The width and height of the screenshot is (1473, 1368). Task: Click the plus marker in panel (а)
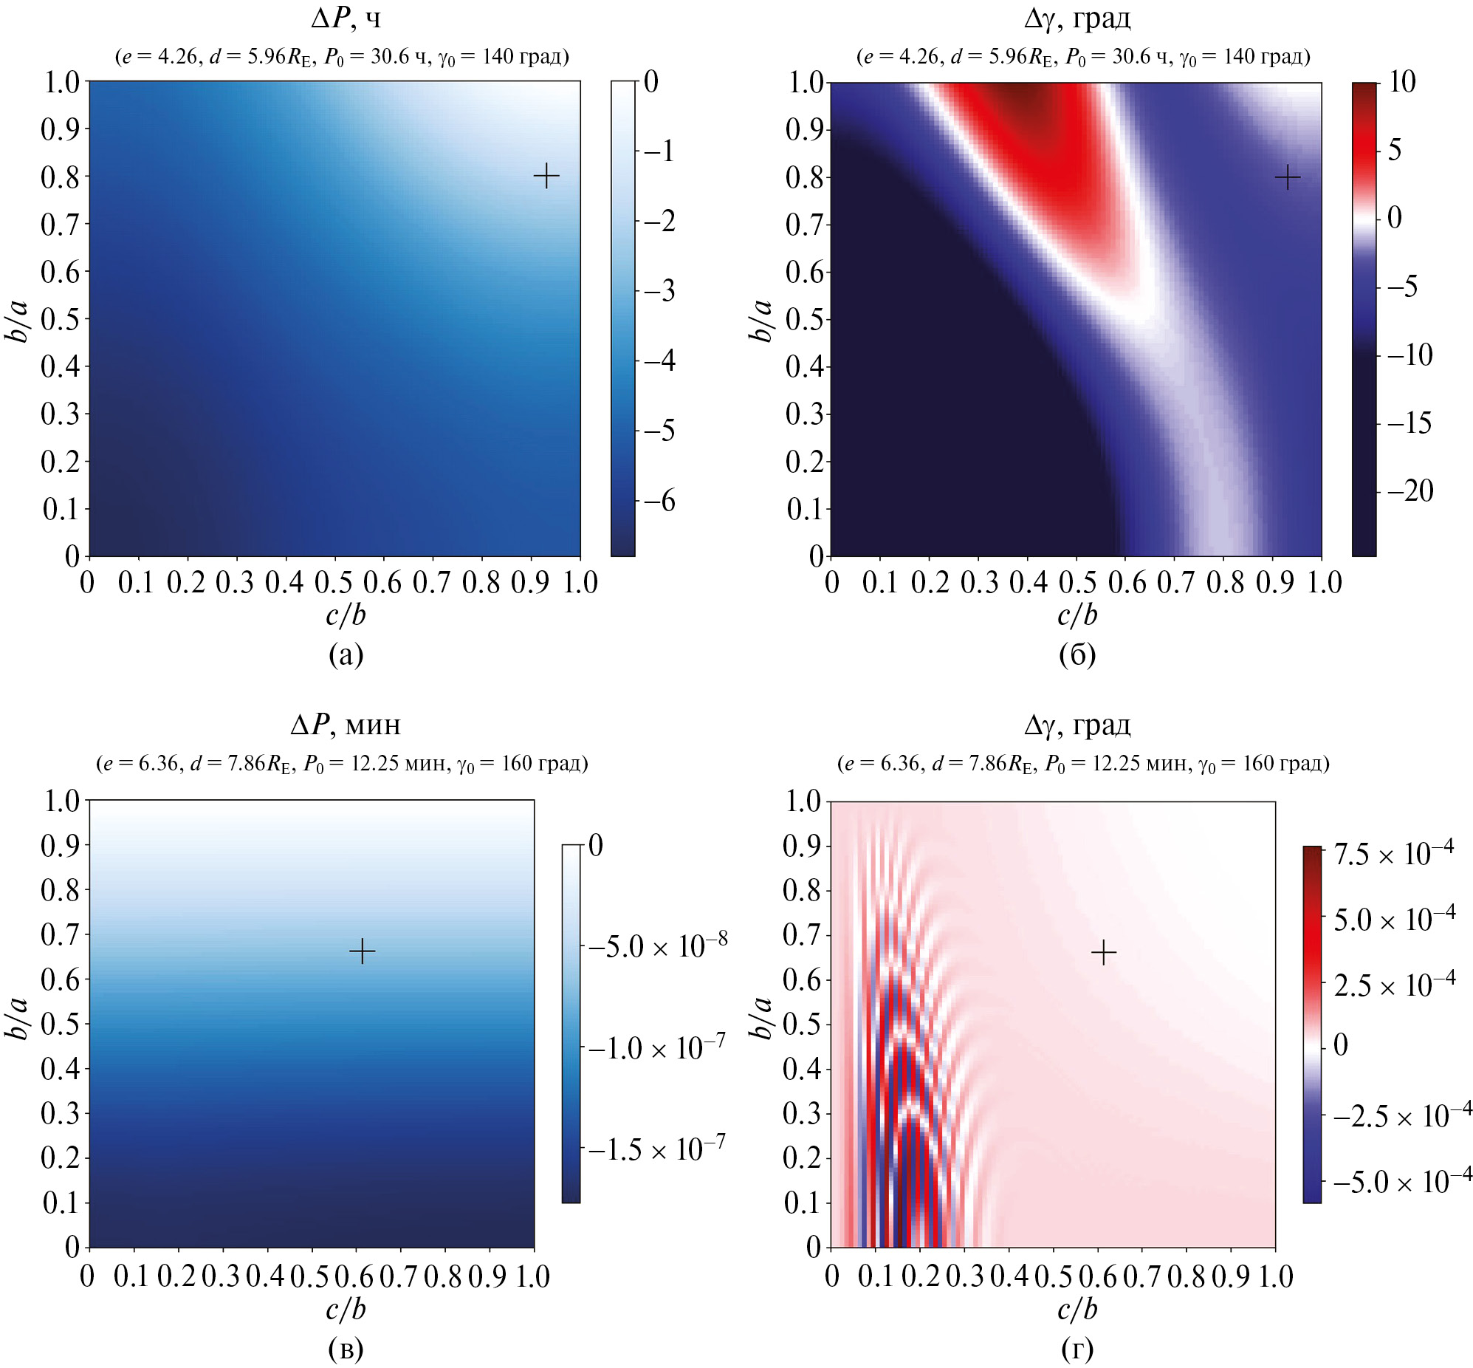pyautogui.click(x=546, y=177)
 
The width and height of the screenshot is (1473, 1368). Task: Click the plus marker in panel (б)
pyautogui.click(x=1287, y=178)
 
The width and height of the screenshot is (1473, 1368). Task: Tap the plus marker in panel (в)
pyautogui.click(x=362, y=951)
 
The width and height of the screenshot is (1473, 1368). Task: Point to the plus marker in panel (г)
pyautogui.click(x=1103, y=952)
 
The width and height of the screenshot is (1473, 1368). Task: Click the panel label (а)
pyautogui.click(x=346, y=654)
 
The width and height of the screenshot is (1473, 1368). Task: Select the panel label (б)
pyautogui.click(x=1077, y=654)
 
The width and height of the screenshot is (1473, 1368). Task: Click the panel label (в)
pyautogui.click(x=346, y=1349)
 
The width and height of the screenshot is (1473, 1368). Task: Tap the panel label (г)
pyautogui.click(x=1077, y=1349)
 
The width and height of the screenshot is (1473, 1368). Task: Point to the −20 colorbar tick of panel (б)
pyautogui.click(x=1410, y=490)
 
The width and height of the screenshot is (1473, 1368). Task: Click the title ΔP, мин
pyautogui.click(x=346, y=724)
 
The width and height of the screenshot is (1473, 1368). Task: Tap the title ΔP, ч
pyautogui.click(x=346, y=18)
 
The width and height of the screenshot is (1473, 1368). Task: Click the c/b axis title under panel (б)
pyautogui.click(x=1077, y=615)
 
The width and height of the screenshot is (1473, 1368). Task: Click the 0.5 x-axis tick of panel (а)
pyautogui.click(x=333, y=584)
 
